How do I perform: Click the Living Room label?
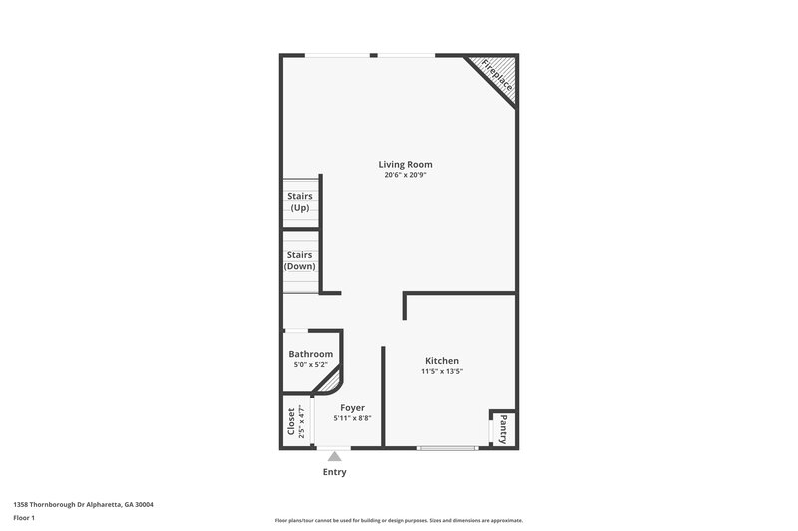[405, 164]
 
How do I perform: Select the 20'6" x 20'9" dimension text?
[405, 176]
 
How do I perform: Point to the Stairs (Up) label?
[300, 202]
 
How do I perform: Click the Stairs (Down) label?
[300, 260]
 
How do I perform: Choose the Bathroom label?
[310, 354]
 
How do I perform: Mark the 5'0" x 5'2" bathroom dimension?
[310, 365]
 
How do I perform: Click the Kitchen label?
[442, 360]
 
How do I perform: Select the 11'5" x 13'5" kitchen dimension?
[442, 371]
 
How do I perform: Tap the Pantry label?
[503, 428]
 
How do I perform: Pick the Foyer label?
[352, 408]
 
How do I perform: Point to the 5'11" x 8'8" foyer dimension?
[352, 418]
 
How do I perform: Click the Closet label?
[291, 422]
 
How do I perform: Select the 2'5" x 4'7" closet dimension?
[302, 422]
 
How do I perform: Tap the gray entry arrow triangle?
[334, 456]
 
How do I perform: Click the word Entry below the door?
[334, 472]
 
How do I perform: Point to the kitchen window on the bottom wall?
[447, 448]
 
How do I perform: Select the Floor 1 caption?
[24, 519]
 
